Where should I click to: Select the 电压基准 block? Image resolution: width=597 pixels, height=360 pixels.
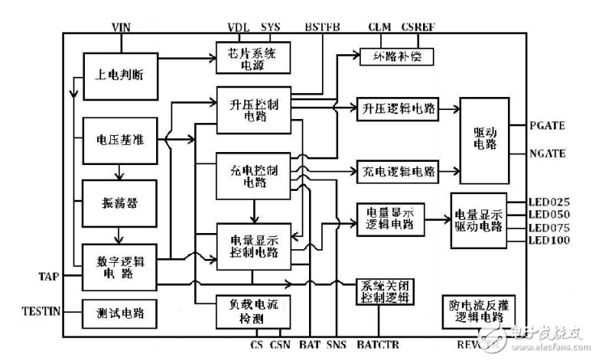coord(119,138)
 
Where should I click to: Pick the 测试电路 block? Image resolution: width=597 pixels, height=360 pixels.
coord(119,313)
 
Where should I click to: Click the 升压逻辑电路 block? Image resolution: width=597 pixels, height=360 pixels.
coord(398,109)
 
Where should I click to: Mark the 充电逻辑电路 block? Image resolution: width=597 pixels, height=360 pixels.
coord(398,172)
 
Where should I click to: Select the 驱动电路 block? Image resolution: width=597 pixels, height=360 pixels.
coord(483,139)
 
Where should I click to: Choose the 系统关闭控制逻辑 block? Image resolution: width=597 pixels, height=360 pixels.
coord(385,290)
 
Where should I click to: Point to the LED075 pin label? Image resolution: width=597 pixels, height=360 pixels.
coord(549,227)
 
